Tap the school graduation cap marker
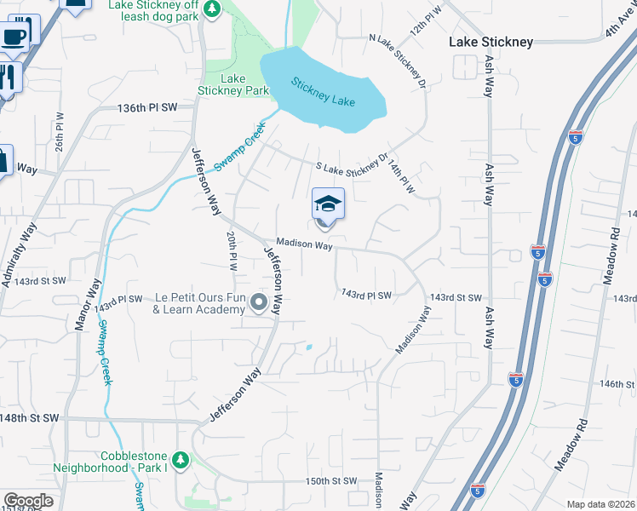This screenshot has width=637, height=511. point(328,205)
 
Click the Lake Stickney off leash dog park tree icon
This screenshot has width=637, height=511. point(214,9)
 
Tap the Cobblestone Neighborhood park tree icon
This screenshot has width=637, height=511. point(180,460)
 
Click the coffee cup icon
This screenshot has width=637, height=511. point(14,35)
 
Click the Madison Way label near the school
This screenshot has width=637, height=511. point(304,244)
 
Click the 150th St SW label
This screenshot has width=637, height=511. point(330,481)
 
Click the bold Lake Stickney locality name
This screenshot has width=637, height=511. point(491,42)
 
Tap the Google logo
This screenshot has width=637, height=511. point(28,501)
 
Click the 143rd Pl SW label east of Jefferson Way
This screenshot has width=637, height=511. point(366,295)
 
